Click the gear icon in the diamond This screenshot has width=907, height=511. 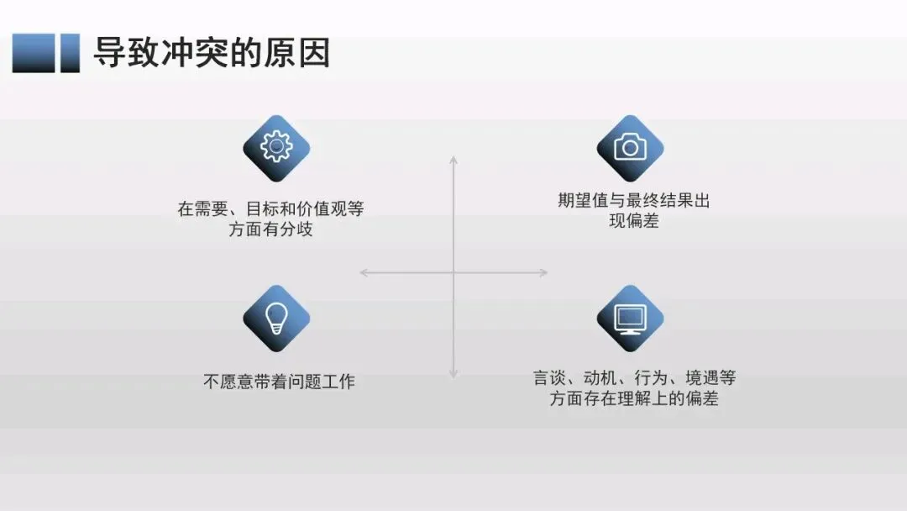pyautogui.click(x=276, y=148)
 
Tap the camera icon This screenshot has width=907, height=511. pyautogui.click(x=630, y=148)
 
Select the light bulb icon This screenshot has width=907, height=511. pyautogui.click(x=276, y=318)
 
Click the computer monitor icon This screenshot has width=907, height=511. pyautogui.click(x=630, y=319)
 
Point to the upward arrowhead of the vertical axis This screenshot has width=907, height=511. pyautogui.click(x=453, y=159)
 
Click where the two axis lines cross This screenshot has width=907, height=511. pyautogui.click(x=453, y=272)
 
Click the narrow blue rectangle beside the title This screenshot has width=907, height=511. pyautogui.click(x=70, y=53)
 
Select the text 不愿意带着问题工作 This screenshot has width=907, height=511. pyautogui.click(x=279, y=382)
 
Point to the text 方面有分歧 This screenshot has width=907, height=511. pyautogui.click(x=270, y=229)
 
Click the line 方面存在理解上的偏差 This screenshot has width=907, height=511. pyautogui.click(x=634, y=399)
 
